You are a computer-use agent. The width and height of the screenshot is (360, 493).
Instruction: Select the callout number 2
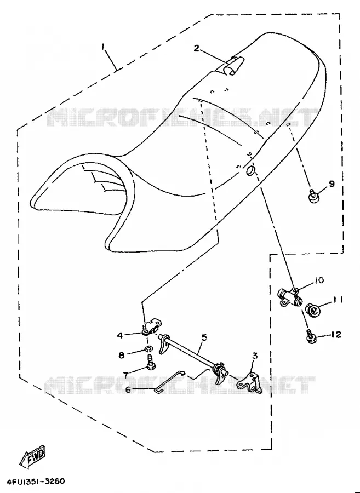(x=197, y=49)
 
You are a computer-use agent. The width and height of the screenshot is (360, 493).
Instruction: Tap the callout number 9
(x=332, y=184)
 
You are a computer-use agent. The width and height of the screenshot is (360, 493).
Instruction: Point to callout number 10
(x=319, y=280)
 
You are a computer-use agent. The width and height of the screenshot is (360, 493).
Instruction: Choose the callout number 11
(x=338, y=300)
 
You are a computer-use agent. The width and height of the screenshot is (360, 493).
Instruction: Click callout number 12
(x=336, y=335)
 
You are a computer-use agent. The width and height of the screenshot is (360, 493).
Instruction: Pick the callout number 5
(x=204, y=337)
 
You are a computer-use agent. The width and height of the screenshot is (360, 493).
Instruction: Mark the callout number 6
(x=128, y=389)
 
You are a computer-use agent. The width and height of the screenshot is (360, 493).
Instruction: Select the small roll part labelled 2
(x=232, y=66)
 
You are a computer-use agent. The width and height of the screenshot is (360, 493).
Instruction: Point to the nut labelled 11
(x=312, y=309)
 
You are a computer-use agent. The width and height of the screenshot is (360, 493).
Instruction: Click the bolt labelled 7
(x=150, y=362)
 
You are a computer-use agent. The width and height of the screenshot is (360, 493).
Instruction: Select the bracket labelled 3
(x=250, y=382)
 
